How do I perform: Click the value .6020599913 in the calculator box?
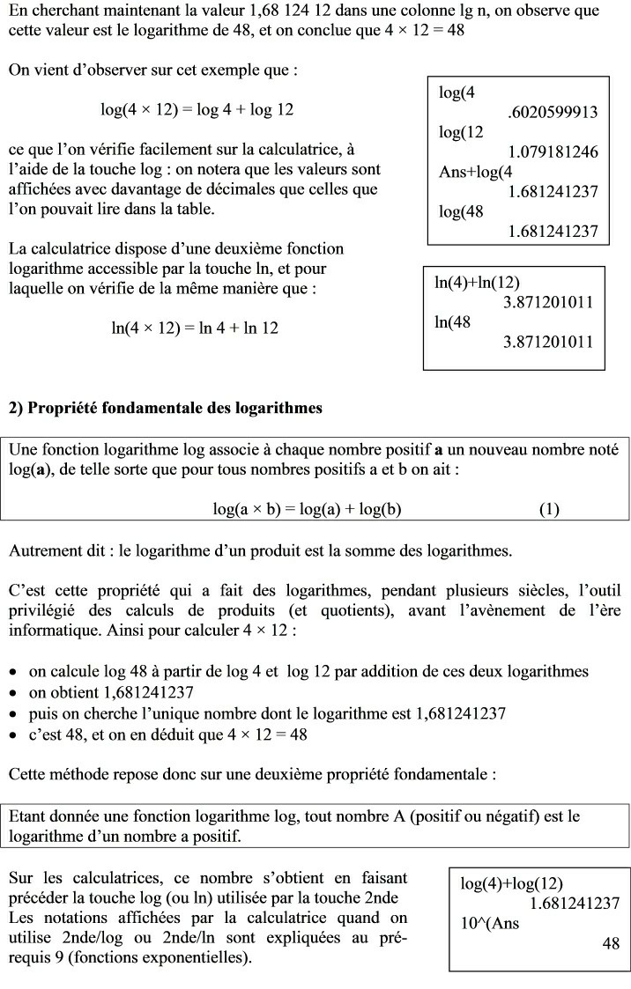[553, 112]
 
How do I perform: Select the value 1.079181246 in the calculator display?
[553, 151]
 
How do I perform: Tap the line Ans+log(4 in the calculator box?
[475, 172]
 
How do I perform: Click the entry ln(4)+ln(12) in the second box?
[477, 283]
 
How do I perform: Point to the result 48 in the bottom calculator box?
[610, 943]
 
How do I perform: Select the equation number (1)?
[548, 509]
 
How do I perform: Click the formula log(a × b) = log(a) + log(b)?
[308, 509]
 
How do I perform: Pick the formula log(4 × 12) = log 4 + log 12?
[197, 110]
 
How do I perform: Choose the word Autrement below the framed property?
[43, 551]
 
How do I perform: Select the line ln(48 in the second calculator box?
[453, 322]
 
